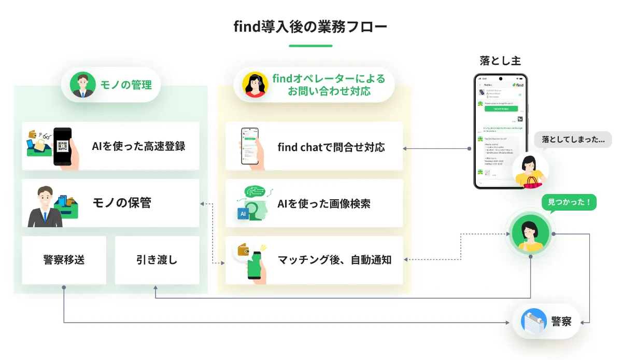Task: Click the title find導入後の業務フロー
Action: (x=310, y=26)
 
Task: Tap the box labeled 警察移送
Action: (x=64, y=260)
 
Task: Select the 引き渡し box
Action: (x=157, y=260)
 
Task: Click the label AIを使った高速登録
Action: (x=138, y=146)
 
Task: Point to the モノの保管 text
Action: (x=122, y=203)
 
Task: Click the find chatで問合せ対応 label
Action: (x=331, y=147)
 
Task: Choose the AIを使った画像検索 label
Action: (x=324, y=203)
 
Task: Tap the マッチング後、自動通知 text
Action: (x=334, y=260)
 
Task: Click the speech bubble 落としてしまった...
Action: (x=573, y=139)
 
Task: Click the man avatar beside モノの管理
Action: (x=83, y=85)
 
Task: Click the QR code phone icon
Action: (x=63, y=146)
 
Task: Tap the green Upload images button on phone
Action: (x=501, y=108)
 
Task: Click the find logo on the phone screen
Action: (x=518, y=85)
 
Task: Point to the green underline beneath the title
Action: (x=310, y=46)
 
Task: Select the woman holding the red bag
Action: (x=530, y=171)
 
